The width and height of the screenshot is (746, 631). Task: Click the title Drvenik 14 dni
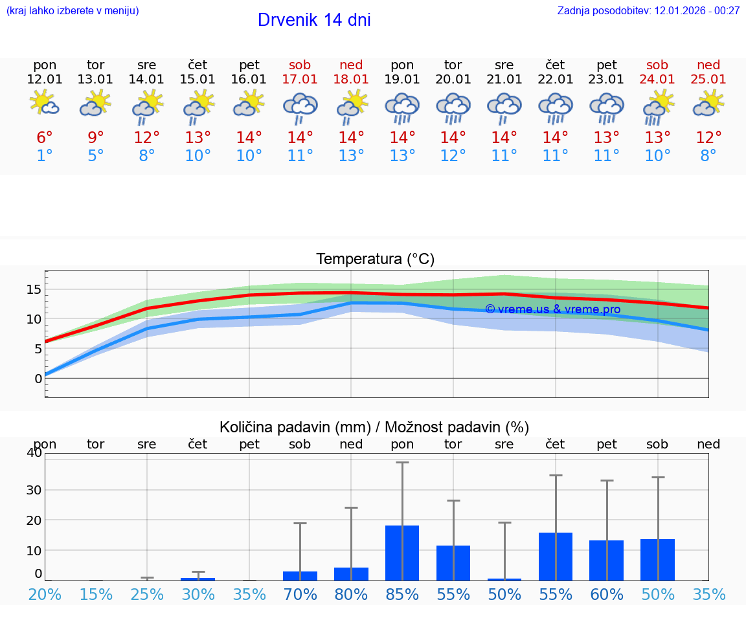pyautogui.click(x=314, y=20)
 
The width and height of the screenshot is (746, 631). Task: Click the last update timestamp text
pyautogui.click(x=648, y=10)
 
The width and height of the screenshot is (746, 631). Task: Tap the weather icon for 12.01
pyautogui.click(x=44, y=103)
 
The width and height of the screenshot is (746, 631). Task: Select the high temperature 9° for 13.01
pyautogui.click(x=95, y=138)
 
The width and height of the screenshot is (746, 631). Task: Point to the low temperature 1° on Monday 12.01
pyautogui.click(x=44, y=156)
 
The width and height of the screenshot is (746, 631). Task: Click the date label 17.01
pyautogui.click(x=300, y=80)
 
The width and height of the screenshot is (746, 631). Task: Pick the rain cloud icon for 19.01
pyautogui.click(x=402, y=107)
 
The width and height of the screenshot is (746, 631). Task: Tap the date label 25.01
pyautogui.click(x=708, y=80)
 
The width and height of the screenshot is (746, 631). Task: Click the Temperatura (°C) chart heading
pyautogui.click(x=375, y=260)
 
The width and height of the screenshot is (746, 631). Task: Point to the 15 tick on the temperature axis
pyautogui.click(x=34, y=289)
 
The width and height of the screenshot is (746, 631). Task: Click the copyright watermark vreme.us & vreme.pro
pyautogui.click(x=552, y=309)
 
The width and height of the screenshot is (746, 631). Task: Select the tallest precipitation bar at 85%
pyautogui.click(x=402, y=553)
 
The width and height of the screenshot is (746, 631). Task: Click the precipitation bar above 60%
pyautogui.click(x=606, y=560)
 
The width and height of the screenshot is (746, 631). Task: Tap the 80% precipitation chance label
pyautogui.click(x=351, y=595)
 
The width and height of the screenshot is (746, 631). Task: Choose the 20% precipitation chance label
pyautogui.click(x=45, y=595)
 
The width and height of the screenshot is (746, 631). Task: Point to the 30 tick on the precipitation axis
pyautogui.click(x=34, y=490)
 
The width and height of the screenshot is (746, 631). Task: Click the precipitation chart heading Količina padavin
pyautogui.click(x=374, y=427)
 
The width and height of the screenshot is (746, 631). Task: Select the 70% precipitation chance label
pyautogui.click(x=300, y=595)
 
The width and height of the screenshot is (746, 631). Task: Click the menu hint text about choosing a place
pyautogui.click(x=73, y=10)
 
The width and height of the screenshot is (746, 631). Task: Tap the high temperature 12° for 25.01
pyautogui.click(x=708, y=138)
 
